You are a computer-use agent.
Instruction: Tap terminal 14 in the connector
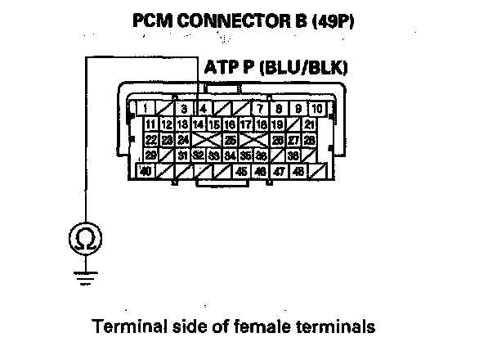[198, 124]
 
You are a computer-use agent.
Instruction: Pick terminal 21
[309, 124]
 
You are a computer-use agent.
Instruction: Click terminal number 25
[231, 140]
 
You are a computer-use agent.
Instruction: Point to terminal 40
[146, 171]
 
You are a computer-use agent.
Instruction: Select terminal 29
[150, 155]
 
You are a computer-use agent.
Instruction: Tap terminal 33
[213, 155]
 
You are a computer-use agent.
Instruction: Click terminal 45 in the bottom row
[242, 171]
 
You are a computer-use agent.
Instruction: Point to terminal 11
[150, 124]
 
